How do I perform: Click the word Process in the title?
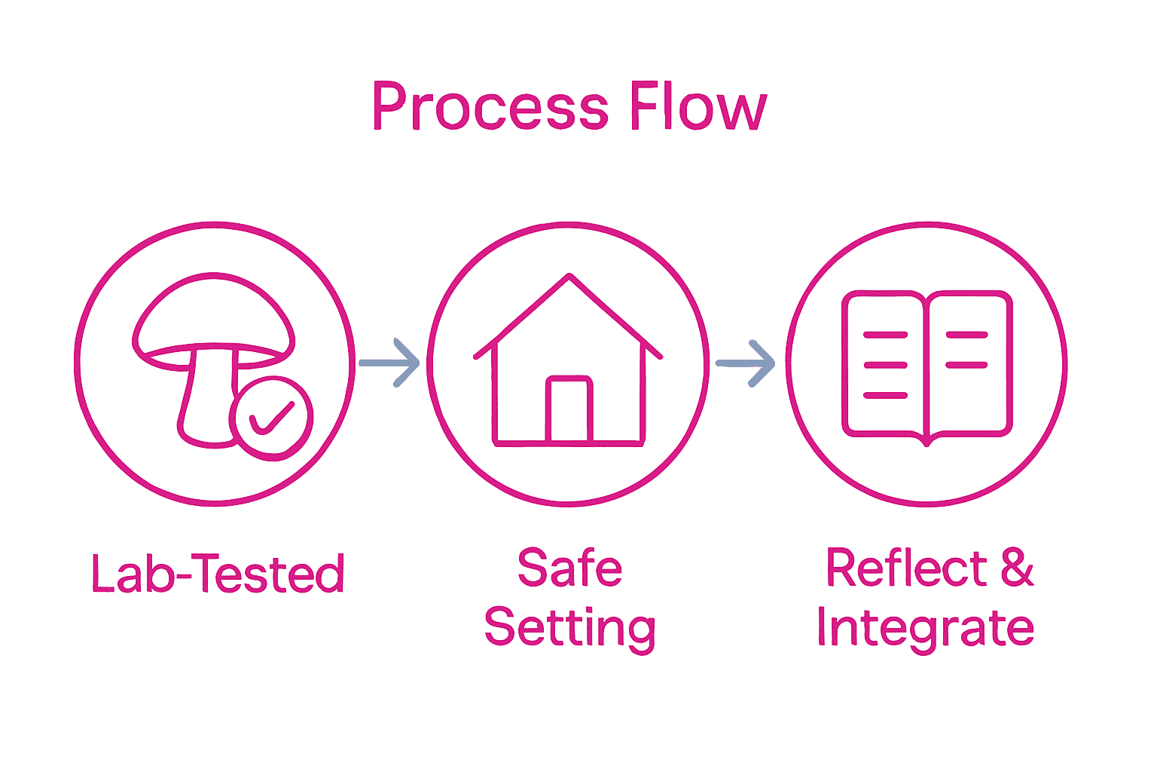tap(490, 107)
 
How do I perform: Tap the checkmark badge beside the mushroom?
tap(272, 418)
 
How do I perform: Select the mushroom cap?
tap(213, 317)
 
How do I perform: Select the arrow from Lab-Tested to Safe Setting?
tap(390, 363)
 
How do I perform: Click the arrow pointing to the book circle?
tap(746, 363)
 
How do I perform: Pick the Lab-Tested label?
tap(218, 574)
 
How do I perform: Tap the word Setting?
tap(569, 627)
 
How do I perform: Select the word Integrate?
tap(926, 627)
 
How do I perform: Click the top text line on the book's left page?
tap(885, 334)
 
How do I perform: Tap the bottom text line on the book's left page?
tap(885, 395)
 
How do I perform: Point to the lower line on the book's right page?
tap(966, 365)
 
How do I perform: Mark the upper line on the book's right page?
tap(966, 334)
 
